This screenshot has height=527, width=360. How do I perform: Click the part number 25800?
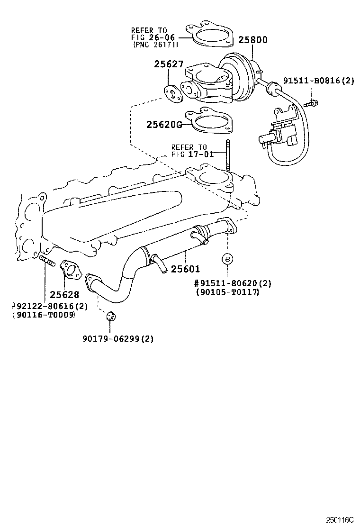point(252,40)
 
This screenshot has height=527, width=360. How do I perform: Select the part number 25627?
point(168,64)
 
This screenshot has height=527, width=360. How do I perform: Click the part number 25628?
point(64,295)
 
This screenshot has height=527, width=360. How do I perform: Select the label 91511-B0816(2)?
point(319,81)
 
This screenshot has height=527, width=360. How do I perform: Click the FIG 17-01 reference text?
point(193,154)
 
